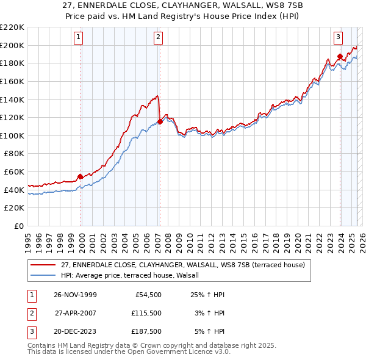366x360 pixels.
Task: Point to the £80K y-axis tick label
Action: [13, 154]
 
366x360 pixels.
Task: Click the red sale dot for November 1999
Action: [81, 177]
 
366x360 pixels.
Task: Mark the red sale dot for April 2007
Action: [160, 122]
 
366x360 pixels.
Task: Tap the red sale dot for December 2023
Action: [340, 57]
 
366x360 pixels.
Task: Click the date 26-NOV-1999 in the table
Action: [75, 295]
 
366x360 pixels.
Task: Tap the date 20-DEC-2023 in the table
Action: [75, 333]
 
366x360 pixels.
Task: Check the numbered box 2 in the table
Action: [30, 314]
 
